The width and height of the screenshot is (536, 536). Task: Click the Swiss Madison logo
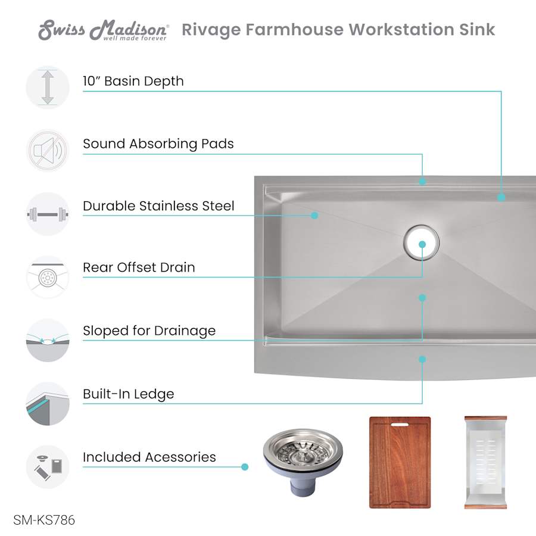point(103,30)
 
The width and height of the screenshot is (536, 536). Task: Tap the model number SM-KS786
point(44,520)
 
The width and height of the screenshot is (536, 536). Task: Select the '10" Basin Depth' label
point(133,82)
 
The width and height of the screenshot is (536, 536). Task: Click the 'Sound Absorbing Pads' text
point(158,144)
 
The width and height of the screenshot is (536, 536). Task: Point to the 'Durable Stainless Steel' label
point(158,206)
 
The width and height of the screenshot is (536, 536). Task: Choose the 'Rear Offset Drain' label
point(139,267)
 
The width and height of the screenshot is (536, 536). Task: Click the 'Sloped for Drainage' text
point(149,331)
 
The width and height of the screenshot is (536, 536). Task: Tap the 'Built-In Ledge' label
point(129,394)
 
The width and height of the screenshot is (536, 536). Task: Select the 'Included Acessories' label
point(149,457)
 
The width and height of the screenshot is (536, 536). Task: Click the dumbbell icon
point(48,214)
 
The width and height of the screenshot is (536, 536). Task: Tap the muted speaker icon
point(48,151)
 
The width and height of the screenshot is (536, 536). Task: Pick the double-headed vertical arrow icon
point(48,88)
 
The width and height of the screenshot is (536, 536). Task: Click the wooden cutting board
point(400,463)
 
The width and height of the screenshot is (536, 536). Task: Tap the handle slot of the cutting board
point(400,425)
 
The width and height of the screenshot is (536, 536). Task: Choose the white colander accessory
point(485,463)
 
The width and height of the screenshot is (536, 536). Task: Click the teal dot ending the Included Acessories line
point(245,467)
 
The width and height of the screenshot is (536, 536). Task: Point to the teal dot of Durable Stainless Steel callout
point(314,216)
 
